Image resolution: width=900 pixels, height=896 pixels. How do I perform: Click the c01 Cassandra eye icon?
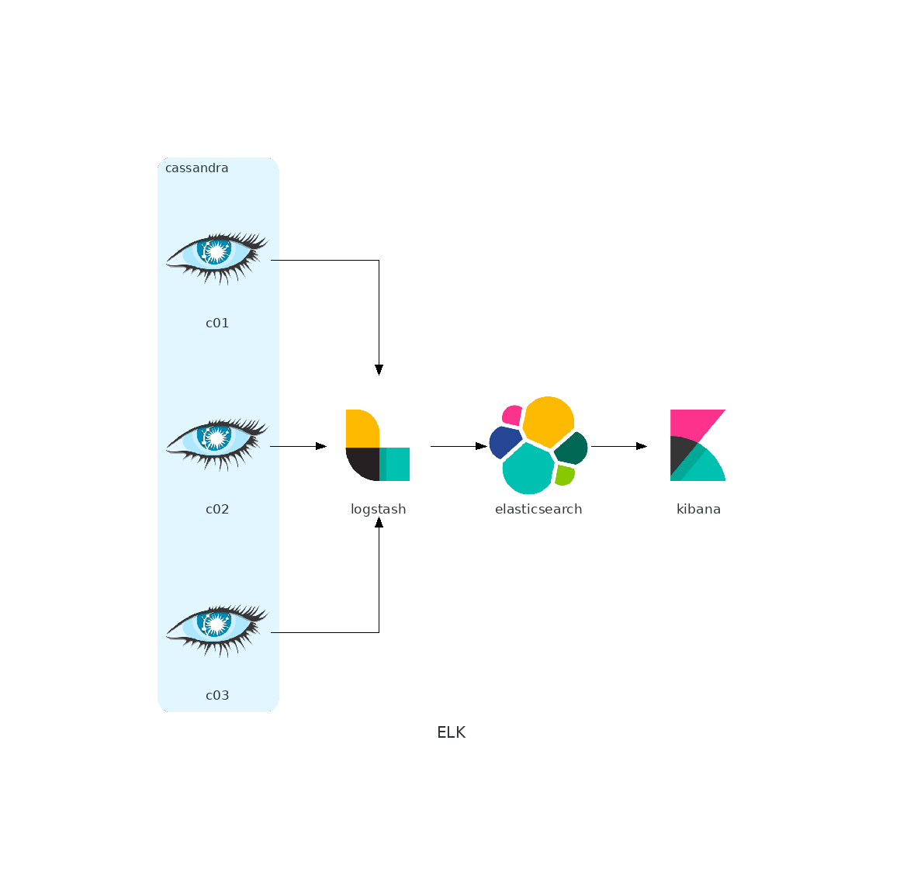point(217,258)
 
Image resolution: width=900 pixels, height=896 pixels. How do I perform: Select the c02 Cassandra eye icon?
point(217,445)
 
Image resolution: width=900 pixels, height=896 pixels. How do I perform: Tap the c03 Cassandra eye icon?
point(217,631)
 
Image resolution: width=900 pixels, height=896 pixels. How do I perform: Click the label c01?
point(217,323)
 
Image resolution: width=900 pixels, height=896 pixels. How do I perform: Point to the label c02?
point(217,509)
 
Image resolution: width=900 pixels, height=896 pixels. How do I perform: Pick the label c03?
point(217,695)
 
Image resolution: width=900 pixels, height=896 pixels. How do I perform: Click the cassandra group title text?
point(197,168)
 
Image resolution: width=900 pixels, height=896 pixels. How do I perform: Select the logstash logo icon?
point(378,445)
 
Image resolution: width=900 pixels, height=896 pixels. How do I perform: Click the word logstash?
point(379,509)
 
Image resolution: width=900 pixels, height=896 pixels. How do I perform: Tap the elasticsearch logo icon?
point(538,445)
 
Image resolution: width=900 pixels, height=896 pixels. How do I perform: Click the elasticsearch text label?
point(538,509)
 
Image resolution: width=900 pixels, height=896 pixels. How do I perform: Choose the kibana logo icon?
point(698,445)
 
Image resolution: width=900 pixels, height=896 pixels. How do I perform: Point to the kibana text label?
point(698,509)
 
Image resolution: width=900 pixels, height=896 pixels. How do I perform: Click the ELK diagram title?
point(451,732)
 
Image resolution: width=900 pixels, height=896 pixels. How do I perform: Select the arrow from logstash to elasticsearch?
point(459,446)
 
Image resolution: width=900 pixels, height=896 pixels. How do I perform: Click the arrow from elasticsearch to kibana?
point(619,446)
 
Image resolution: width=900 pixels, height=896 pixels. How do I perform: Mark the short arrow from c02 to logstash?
point(299,446)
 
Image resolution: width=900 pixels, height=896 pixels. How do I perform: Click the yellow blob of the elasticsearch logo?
point(549,420)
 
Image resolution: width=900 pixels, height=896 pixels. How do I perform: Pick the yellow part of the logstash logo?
point(362,428)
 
